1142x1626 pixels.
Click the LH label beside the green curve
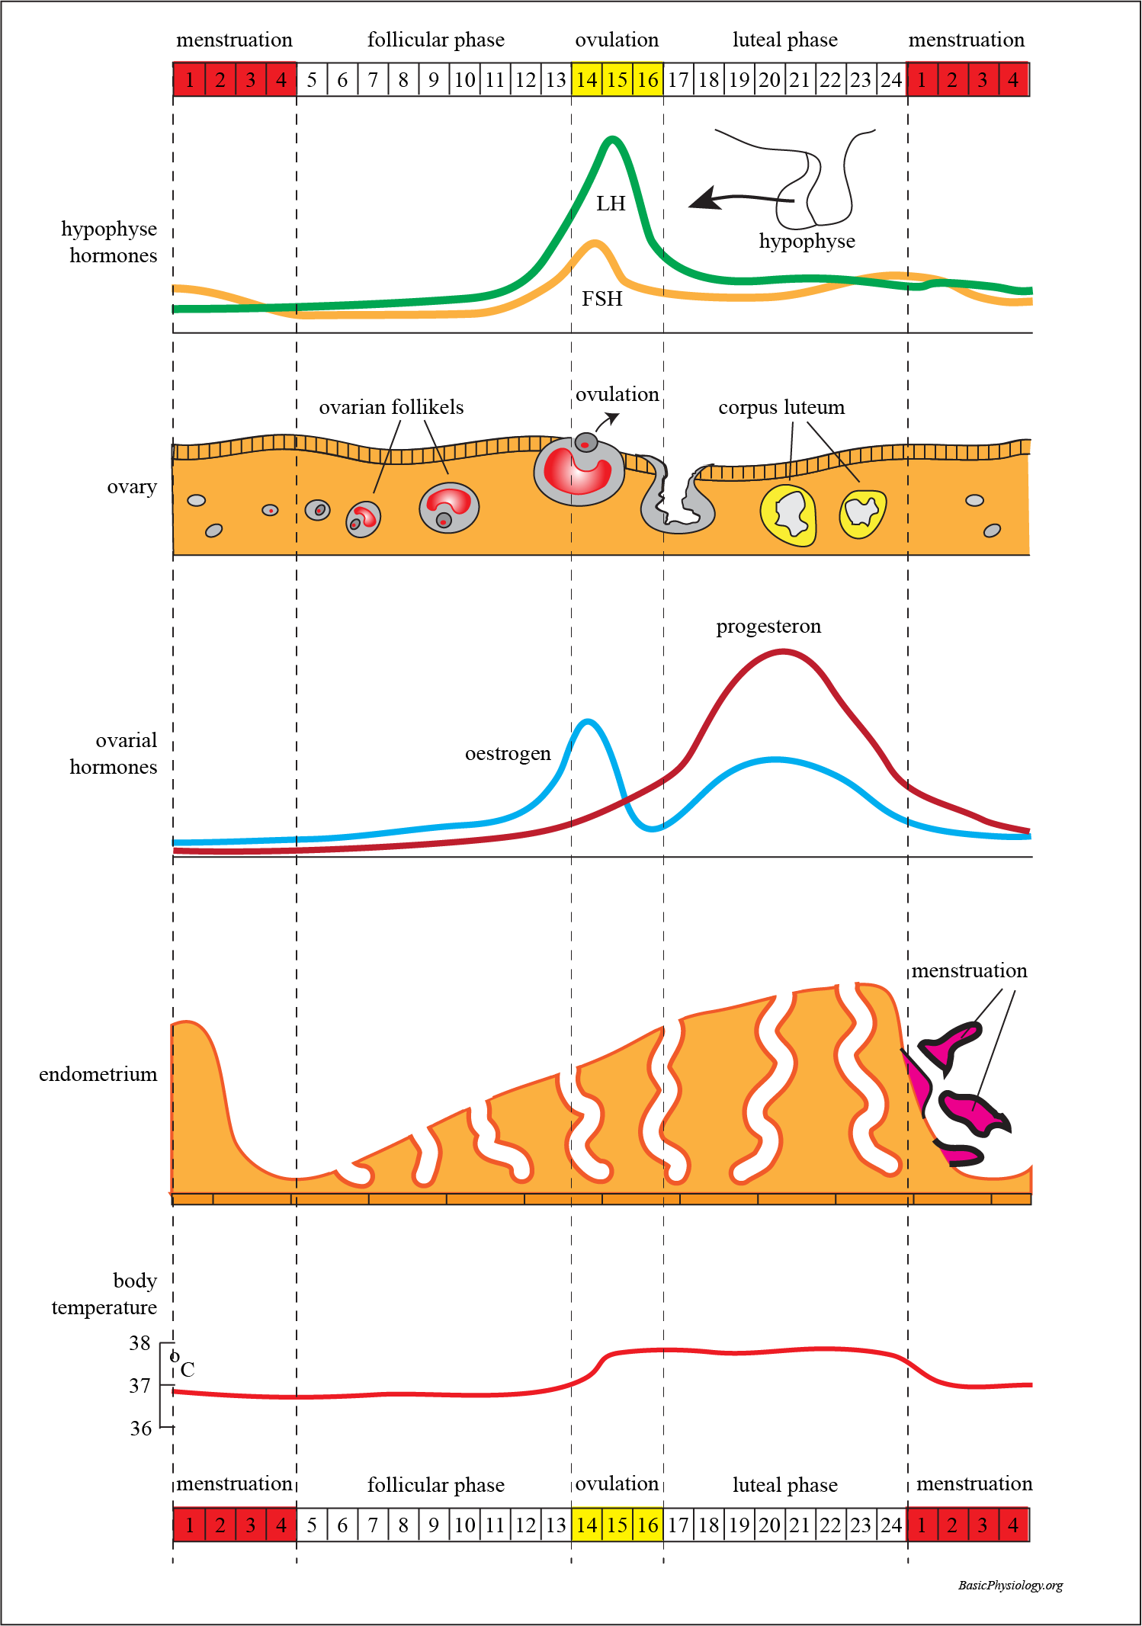pyautogui.click(x=611, y=204)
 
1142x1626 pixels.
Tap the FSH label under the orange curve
pyautogui.click(x=602, y=299)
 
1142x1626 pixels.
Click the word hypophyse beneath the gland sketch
pyautogui.click(x=807, y=241)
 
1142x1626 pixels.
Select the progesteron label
pyautogui.click(x=768, y=626)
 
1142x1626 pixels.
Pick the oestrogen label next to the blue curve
pyautogui.click(x=508, y=753)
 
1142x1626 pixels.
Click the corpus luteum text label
pyautogui.click(x=781, y=407)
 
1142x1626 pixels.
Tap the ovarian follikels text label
pyautogui.click(x=391, y=407)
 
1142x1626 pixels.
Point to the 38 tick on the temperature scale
pyautogui.click(x=140, y=1342)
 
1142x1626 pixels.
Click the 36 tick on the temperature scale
pyautogui.click(x=141, y=1428)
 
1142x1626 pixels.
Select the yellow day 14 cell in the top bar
pyautogui.click(x=586, y=80)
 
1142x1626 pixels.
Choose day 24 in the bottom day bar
pyautogui.click(x=891, y=1525)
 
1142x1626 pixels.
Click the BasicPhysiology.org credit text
pyautogui.click(x=1010, y=1585)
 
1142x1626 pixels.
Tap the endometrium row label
pyautogui.click(x=98, y=1074)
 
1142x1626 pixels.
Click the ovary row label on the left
pyautogui.click(x=132, y=486)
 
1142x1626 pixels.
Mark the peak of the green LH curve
pyautogui.click(x=612, y=139)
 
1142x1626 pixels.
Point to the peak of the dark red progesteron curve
pyautogui.click(x=784, y=652)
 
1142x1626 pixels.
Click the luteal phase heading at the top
pyautogui.click(x=784, y=40)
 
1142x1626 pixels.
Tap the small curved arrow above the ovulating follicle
pyautogui.click(x=607, y=420)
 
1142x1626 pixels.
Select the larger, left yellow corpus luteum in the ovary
pyautogui.click(x=788, y=515)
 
